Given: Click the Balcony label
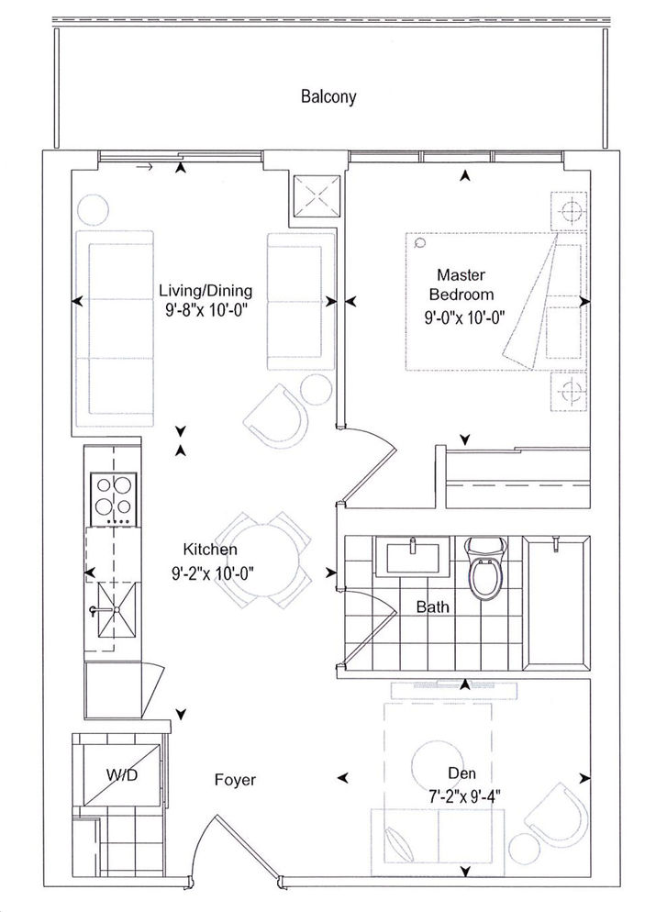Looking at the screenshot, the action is pos(328,96).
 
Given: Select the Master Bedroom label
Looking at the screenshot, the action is pos(461,284).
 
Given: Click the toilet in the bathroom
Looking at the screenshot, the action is pos(485,569).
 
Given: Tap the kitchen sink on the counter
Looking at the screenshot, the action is pos(117,609).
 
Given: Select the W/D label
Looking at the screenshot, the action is pos(122,774).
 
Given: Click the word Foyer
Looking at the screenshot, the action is pos(235,780).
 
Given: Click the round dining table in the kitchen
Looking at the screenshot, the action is pos(262,560).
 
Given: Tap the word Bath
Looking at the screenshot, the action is pos(433,607).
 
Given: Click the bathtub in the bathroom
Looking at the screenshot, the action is pos(557,602).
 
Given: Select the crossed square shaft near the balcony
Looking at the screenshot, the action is pos(315,197).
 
